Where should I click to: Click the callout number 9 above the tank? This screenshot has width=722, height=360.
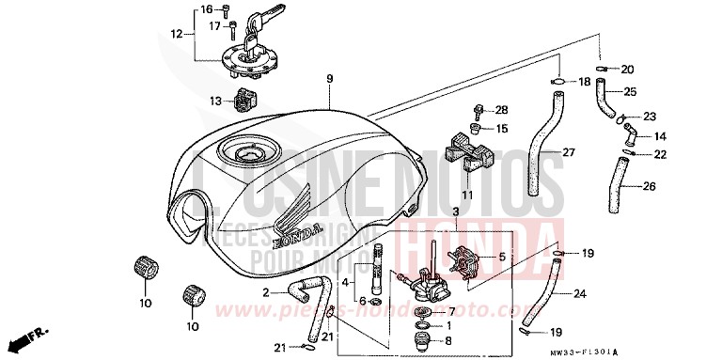pos(330,79)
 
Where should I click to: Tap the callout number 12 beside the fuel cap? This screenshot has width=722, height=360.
pos(175,35)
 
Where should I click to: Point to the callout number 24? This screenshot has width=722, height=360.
pos(579,294)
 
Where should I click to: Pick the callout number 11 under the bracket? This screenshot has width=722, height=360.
pos(466,195)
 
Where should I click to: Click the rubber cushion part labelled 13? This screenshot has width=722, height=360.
pos(248,97)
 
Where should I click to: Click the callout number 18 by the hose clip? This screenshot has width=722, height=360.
pos(583,83)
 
